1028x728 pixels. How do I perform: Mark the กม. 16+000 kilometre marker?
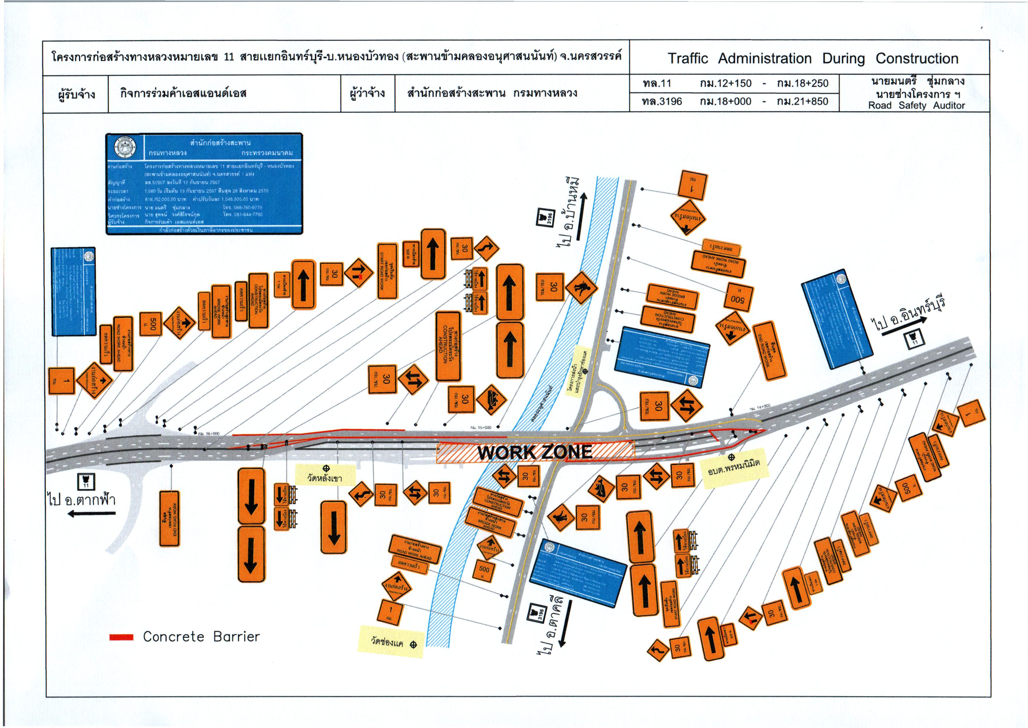[x=208, y=433]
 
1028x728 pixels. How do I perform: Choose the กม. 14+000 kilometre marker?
[x=760, y=406]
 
